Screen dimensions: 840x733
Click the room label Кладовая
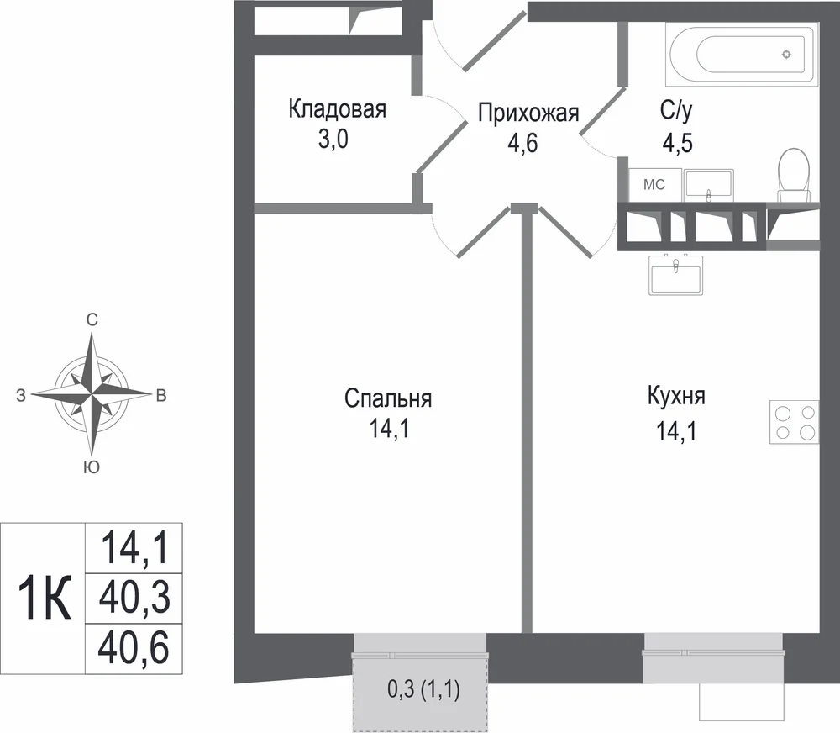tap(337, 108)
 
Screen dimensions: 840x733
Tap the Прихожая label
tap(528, 113)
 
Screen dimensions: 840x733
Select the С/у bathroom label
tap(676, 110)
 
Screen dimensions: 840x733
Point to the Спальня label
tap(388, 399)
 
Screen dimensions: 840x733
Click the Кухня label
tap(676, 396)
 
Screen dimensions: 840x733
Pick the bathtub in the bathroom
tap(742, 54)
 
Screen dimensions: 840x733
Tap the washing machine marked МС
tap(654, 185)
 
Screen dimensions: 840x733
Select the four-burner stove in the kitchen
tap(794, 422)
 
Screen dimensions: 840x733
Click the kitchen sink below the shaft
tap(676, 275)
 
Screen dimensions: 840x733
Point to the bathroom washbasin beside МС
tap(709, 186)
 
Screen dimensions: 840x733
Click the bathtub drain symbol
tap(786, 54)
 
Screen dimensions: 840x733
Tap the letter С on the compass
tap(92, 320)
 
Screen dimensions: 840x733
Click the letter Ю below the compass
tap(92, 467)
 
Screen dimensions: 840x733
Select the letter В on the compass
tap(160, 396)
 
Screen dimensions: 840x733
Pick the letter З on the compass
tap(21, 396)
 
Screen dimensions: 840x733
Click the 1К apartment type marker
tap(44, 598)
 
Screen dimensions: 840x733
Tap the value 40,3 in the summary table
tap(134, 598)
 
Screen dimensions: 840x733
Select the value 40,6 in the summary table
tap(134, 647)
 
